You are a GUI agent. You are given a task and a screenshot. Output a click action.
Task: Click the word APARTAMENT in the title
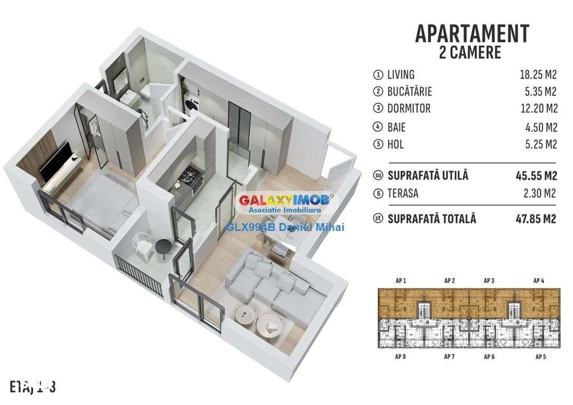(472, 33)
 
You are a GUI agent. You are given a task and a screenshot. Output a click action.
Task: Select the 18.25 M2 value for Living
(538, 75)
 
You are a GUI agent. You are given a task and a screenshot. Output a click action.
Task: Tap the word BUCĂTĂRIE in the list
(409, 92)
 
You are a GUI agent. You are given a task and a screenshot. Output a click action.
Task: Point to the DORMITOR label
(409, 109)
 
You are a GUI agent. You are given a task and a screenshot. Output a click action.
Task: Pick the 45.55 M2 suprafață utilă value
(536, 176)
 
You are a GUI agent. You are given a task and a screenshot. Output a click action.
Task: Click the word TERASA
(403, 193)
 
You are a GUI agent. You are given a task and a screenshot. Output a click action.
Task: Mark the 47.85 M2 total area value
(536, 218)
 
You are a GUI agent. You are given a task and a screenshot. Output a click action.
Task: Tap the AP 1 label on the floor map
(400, 281)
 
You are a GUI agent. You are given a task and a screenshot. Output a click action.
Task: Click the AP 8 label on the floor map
(400, 357)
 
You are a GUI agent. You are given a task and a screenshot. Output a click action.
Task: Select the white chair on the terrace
(141, 243)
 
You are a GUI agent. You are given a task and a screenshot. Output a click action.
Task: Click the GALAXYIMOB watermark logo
(285, 200)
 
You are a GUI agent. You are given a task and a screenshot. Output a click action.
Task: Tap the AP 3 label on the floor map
(489, 281)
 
